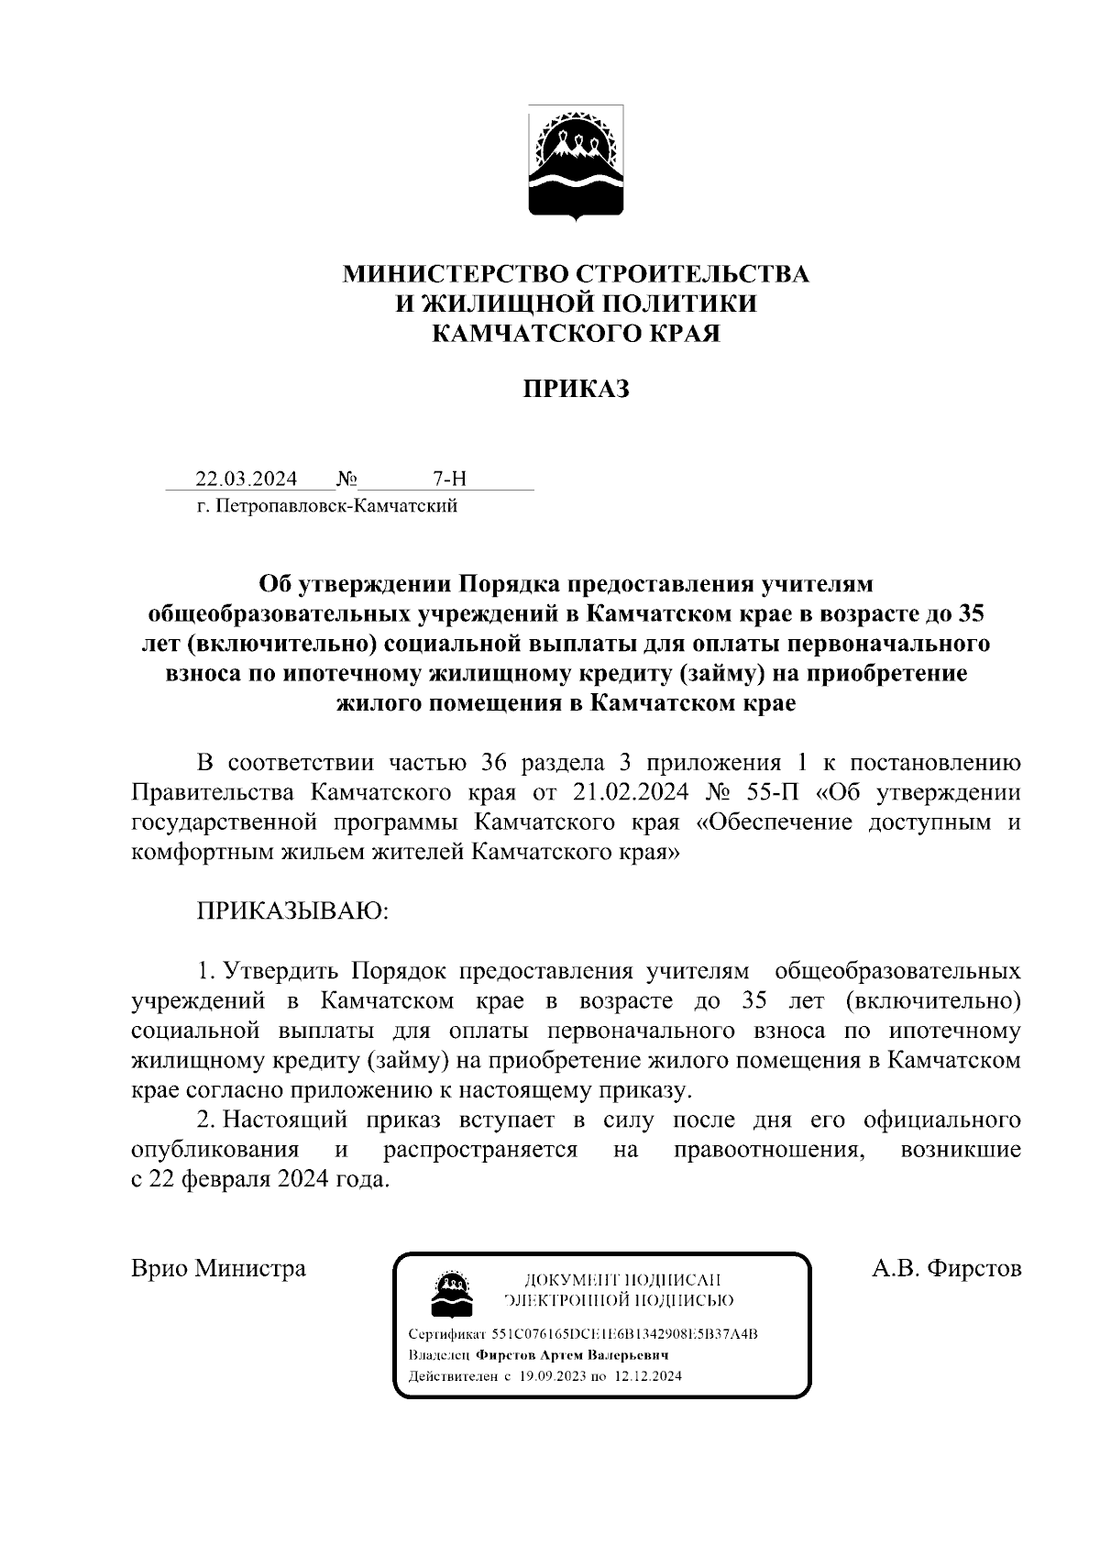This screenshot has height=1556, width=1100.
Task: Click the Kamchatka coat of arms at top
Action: pos(576,163)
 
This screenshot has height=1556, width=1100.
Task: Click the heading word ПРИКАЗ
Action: pos(576,390)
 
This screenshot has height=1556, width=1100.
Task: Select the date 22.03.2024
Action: pos(246,479)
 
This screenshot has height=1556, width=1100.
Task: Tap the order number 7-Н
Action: pos(449,479)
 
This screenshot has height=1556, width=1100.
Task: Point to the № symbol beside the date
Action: pos(346,479)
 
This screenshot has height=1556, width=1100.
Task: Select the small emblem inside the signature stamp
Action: pos(451,1291)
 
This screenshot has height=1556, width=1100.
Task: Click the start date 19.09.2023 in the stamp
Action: pos(551,1376)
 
